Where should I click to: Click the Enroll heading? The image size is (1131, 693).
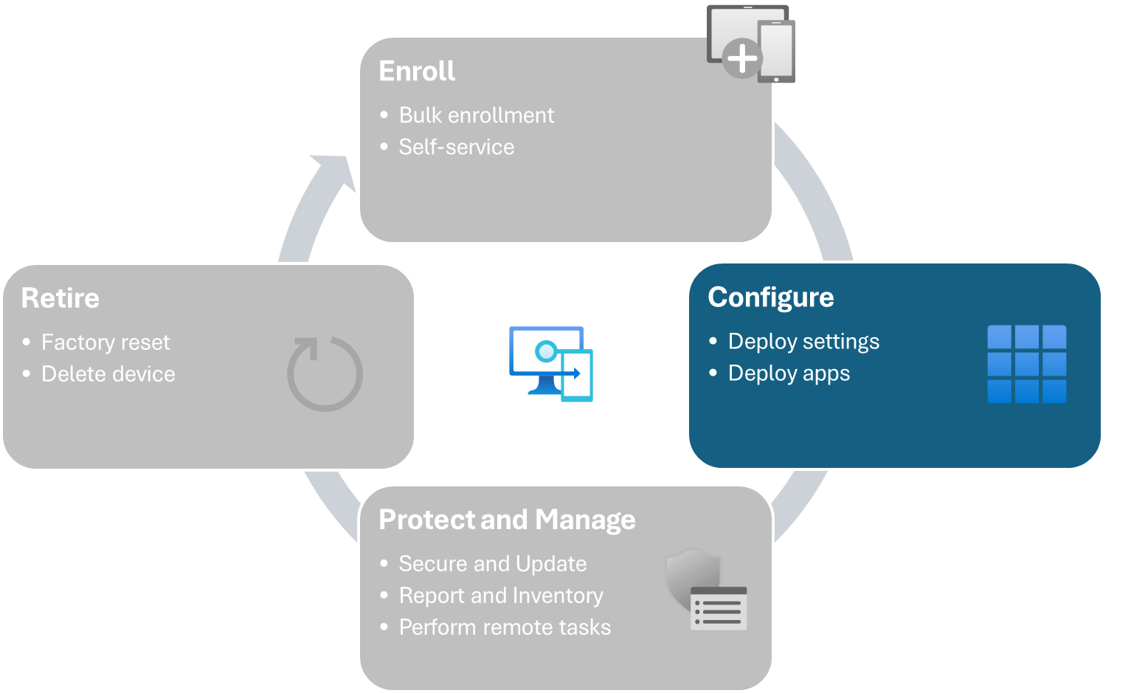tap(417, 72)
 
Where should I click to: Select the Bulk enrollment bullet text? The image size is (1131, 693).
tap(476, 116)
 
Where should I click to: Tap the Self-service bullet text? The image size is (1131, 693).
tap(456, 148)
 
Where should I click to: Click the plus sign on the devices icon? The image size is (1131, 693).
tap(741, 58)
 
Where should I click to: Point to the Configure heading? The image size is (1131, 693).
tap(770, 297)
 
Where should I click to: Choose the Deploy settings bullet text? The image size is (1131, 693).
tap(803, 342)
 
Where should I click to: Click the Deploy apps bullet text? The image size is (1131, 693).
tap(789, 373)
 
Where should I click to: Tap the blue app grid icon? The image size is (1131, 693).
tap(1026, 364)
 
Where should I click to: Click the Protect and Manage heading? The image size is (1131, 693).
tap(507, 520)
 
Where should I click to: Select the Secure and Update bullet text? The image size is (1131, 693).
tap(492, 564)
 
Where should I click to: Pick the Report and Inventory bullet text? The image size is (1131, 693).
tap(501, 596)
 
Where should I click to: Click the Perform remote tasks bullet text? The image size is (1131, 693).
tap(505, 627)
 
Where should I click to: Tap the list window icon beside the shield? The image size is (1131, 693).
tap(719, 609)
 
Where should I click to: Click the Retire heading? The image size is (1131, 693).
tap(60, 299)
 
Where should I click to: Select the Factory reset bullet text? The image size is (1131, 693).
tap(106, 342)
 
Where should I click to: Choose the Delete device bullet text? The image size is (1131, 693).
tap(108, 374)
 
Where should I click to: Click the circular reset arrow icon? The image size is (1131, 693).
tap(325, 373)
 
